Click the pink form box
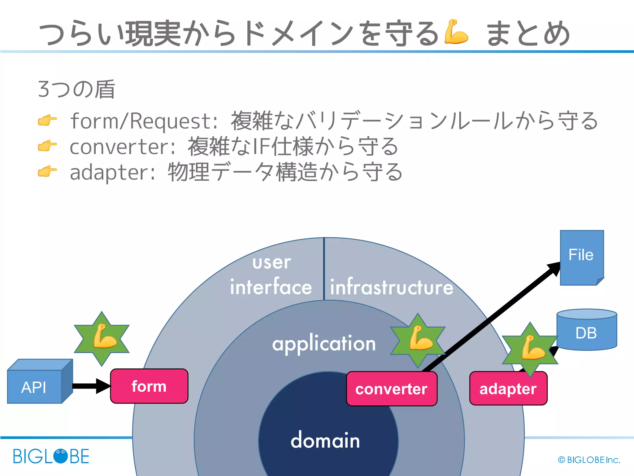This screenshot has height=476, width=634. click(149, 386)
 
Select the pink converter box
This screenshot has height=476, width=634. click(392, 389)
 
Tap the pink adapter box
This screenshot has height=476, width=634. click(508, 389)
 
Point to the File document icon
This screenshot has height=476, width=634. click(581, 257)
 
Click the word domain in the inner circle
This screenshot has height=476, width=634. click(325, 440)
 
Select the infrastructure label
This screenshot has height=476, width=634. click(391, 287)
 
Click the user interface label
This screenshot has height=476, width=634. click(271, 275)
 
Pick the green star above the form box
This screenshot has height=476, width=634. click(102, 339)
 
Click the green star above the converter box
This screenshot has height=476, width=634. click(418, 340)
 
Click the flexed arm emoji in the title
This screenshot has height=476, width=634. click(455, 32)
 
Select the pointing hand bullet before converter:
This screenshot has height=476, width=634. click(47, 146)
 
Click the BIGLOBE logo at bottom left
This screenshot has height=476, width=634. click(51, 456)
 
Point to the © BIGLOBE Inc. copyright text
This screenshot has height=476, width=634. click(589, 460)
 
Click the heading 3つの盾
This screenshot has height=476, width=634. click(76, 89)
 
